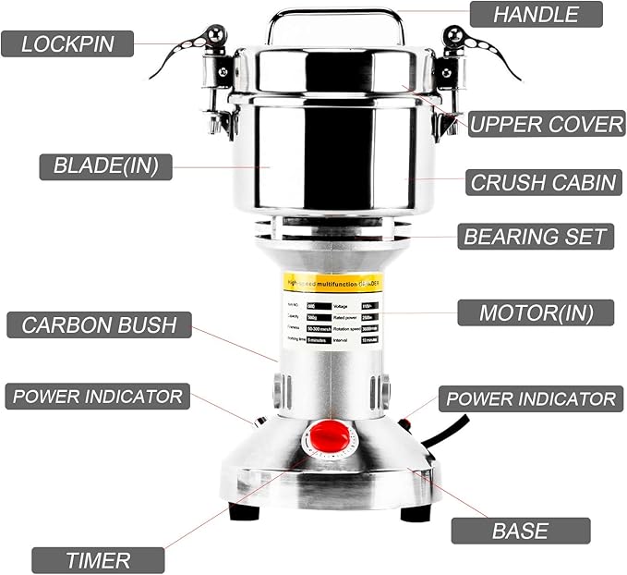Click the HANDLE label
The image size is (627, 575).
click(536, 14)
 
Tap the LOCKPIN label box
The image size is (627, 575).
click(66, 43)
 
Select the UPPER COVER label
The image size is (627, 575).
click(547, 124)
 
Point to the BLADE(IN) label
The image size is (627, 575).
click(105, 166)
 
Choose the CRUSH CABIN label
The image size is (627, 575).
click(543, 182)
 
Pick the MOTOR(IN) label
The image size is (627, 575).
click(536, 312)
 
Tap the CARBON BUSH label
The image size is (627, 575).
click(99, 324)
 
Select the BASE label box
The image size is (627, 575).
click(520, 531)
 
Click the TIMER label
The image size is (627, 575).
click(98, 559)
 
